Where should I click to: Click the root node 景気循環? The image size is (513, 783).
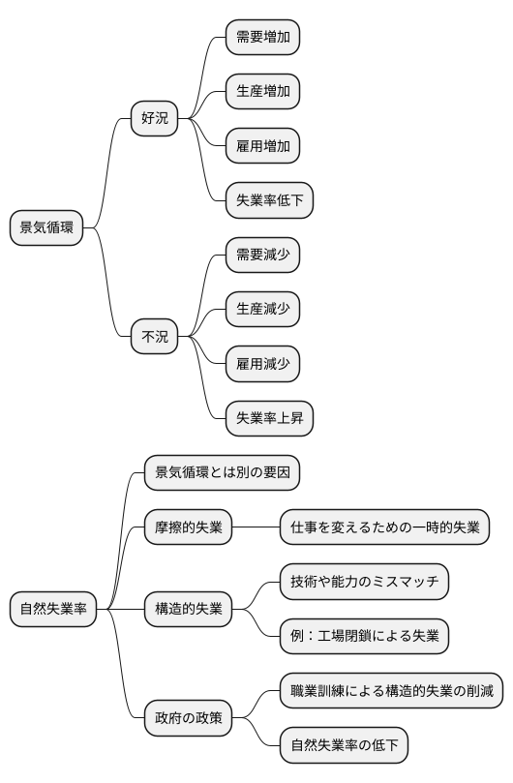45,228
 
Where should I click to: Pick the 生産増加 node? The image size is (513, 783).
262,92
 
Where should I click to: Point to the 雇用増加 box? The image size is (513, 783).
262,146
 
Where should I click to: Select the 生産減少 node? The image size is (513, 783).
262,310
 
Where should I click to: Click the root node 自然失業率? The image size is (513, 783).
53,609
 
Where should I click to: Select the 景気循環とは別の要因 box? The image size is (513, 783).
222,473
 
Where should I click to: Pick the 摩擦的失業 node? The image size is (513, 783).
188,527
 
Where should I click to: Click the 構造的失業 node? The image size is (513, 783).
188,609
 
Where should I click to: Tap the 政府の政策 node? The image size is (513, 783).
188,718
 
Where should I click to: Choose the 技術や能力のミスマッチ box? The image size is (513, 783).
364,582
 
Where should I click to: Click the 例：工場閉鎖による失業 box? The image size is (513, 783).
364,636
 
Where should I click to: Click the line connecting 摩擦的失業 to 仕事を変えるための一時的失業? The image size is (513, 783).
256,527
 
